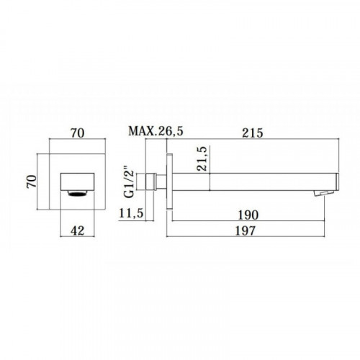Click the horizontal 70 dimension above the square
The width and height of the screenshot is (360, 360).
coord(78,133)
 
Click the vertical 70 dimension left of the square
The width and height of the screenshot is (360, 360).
coord(32,181)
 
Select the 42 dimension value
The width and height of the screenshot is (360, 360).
coord(78,230)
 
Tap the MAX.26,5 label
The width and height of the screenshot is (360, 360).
coord(156,131)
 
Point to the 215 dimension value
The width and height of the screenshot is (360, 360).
coord(253,133)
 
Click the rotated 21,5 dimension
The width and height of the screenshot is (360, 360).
coord(202,158)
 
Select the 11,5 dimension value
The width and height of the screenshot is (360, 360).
coord(131,213)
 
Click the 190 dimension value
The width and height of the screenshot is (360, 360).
coord(248,215)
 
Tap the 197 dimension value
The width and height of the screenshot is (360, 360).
coord(246,231)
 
